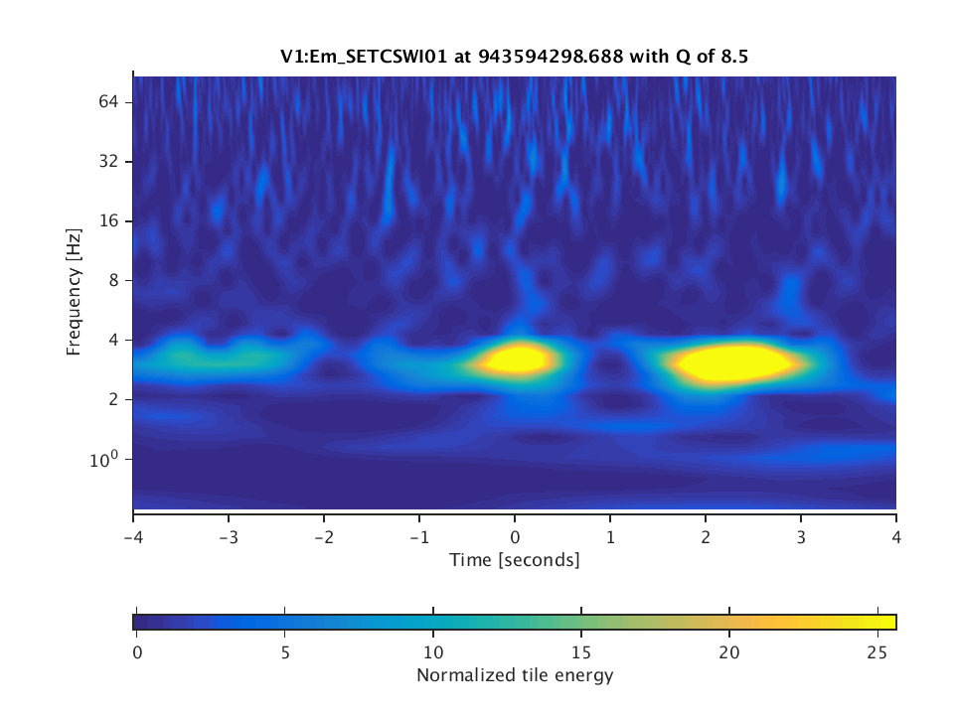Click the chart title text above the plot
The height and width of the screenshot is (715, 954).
514,57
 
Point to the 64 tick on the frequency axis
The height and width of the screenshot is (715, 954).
108,101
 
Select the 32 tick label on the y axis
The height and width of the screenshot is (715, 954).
108,161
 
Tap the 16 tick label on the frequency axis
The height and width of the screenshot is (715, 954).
108,220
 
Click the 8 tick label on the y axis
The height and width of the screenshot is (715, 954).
113,280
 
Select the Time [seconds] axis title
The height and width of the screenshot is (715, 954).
514,560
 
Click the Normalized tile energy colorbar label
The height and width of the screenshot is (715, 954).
514,676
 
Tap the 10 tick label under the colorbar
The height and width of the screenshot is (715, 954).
433,651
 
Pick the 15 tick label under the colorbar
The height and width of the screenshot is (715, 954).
581,651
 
